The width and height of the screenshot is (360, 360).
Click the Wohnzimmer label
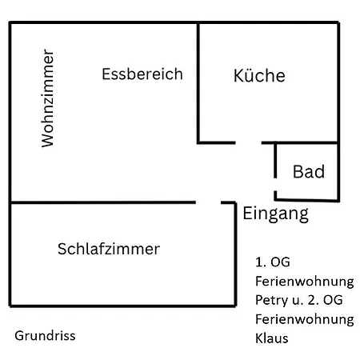click(48, 98)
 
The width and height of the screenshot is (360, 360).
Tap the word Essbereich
click(142, 74)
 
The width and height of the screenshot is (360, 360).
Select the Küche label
click(259, 75)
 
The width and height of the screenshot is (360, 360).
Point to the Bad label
click(309, 171)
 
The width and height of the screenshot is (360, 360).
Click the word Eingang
click(276, 214)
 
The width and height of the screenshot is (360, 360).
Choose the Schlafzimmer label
click(109, 249)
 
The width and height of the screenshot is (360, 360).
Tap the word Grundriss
click(45, 335)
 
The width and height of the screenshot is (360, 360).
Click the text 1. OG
click(273, 262)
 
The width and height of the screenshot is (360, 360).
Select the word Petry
click(272, 301)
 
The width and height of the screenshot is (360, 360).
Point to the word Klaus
click(272, 338)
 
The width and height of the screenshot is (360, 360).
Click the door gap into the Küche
click(249, 143)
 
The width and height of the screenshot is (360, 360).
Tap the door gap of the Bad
click(275, 185)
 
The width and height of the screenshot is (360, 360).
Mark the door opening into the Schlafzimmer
click(208, 202)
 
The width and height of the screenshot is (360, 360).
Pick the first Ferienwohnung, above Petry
click(305, 282)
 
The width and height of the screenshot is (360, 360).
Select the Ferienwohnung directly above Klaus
click(305, 319)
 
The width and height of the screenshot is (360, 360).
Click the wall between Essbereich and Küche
click(198, 83)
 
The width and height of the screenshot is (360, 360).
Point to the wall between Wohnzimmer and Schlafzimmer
click(103, 202)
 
